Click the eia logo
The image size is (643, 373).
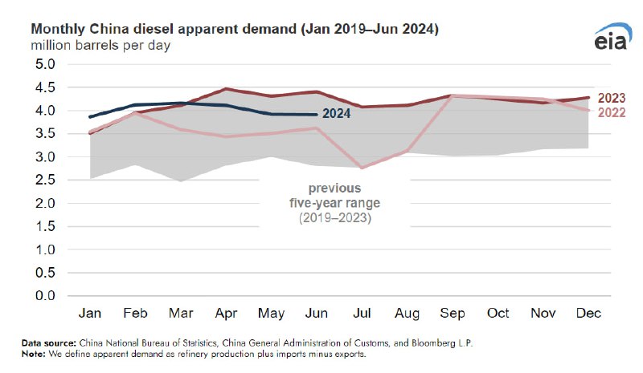coord(613,39)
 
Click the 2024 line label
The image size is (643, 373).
coord(336,113)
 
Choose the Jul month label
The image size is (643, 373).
coord(363,313)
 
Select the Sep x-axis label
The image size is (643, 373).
coord(453,313)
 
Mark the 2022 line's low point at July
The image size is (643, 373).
coord(362,168)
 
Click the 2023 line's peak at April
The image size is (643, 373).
coord(227,89)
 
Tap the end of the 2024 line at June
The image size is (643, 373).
coord(317,114)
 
